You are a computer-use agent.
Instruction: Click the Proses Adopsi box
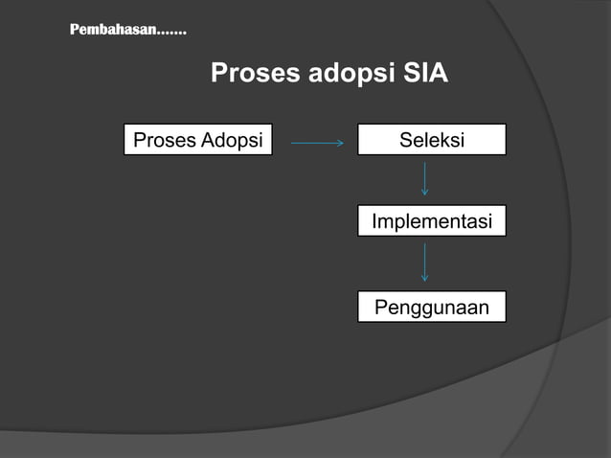tap(197, 140)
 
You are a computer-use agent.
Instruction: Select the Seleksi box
tap(431, 140)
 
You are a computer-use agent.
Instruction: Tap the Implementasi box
tap(431, 221)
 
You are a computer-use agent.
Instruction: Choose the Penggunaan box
tap(431, 308)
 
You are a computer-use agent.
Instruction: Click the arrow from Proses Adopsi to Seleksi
tap(316, 145)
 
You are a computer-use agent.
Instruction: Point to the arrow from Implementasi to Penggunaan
tap(424, 262)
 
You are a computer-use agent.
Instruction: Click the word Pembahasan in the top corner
tap(112, 31)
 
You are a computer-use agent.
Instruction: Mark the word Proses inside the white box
tap(164, 140)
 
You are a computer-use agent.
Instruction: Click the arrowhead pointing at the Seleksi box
tap(339, 145)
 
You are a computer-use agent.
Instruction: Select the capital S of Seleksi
tap(405, 140)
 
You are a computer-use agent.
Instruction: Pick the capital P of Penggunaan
tap(380, 308)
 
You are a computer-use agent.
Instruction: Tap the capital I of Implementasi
tap(374, 221)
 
